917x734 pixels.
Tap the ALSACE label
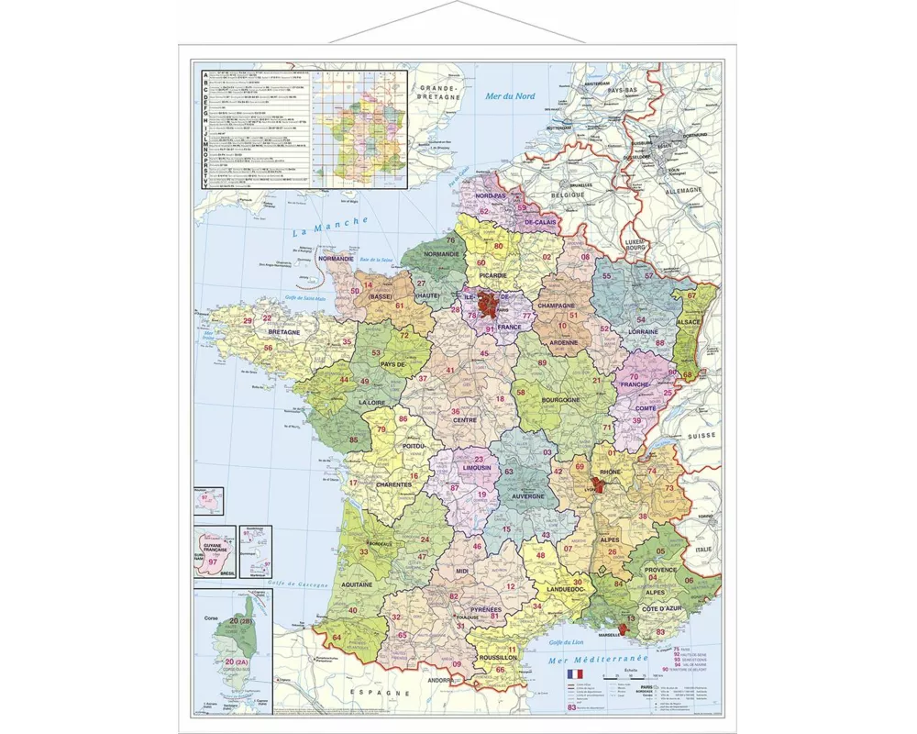[x=689, y=322]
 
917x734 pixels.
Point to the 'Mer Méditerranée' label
[x=598, y=659]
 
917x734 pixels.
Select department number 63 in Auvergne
[x=508, y=473]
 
